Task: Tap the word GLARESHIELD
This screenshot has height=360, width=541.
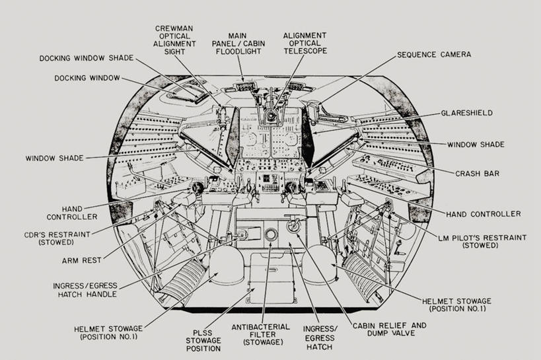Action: point(466,113)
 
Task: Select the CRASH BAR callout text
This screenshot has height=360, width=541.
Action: point(477,174)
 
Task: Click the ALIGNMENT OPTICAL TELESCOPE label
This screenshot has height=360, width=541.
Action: point(305,44)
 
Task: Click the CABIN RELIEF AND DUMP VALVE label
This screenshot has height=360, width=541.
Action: point(389,330)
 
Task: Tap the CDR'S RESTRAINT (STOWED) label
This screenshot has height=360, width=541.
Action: point(64,238)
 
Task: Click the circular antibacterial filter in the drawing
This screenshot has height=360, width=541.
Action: point(270,236)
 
